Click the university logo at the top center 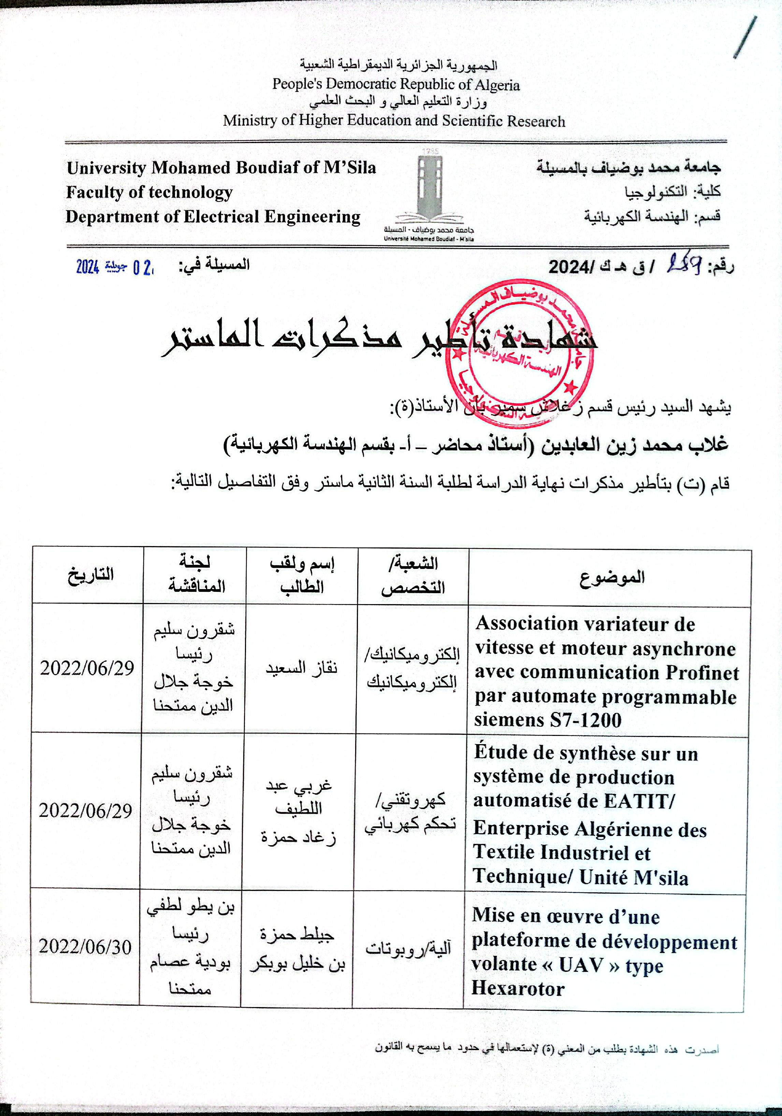coord(430,194)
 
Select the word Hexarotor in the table coord(518,989)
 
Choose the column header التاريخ coord(90,574)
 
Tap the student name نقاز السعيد coord(301,667)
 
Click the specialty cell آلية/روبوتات coord(408,948)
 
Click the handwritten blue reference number coord(683,265)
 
